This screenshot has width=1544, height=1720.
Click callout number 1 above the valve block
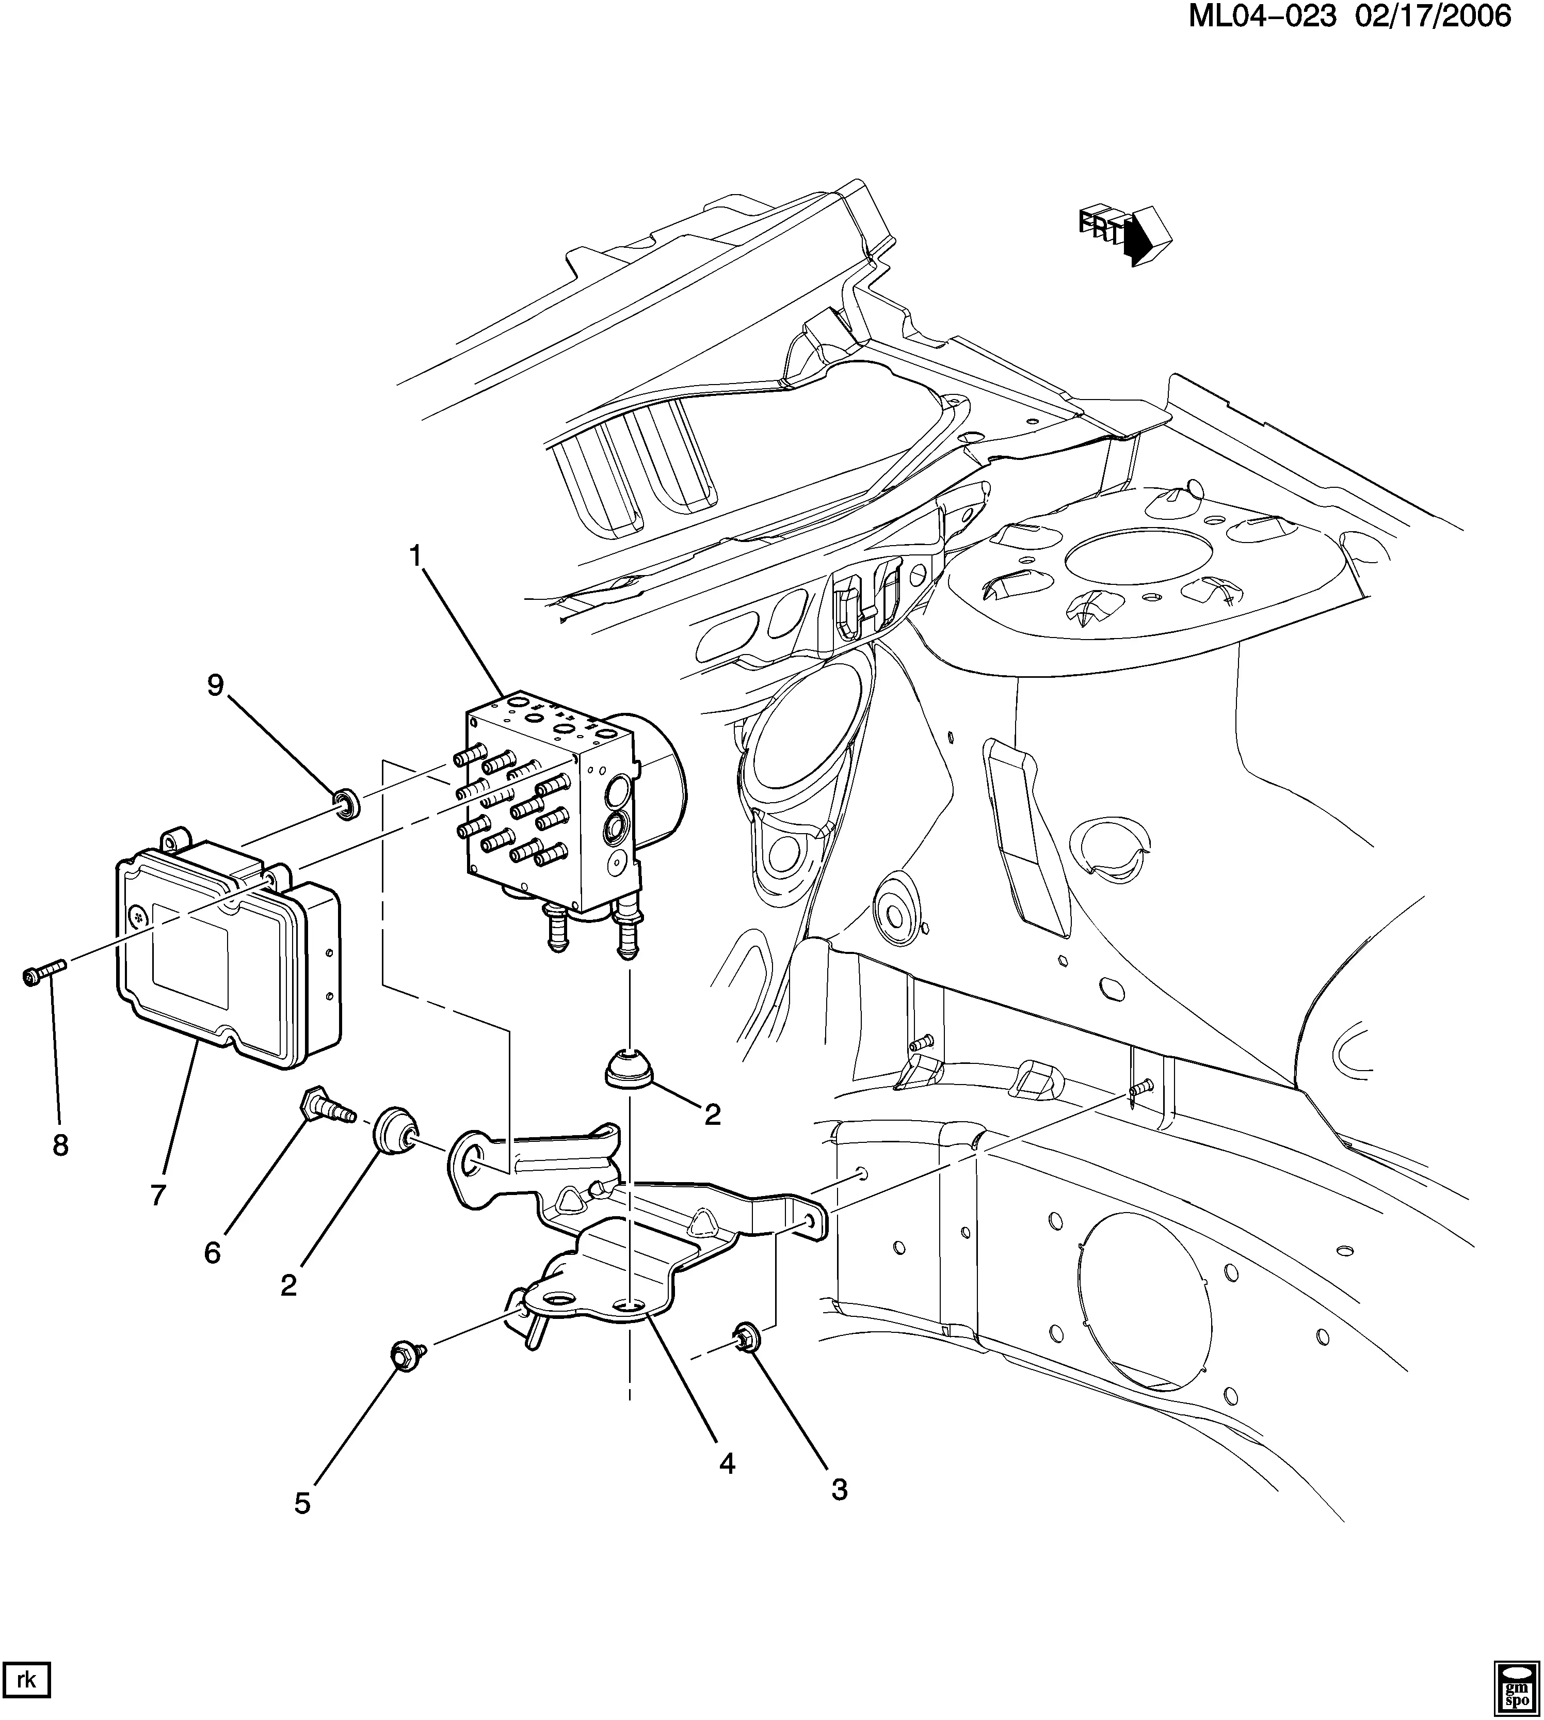click(x=416, y=556)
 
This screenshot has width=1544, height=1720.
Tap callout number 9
click(x=216, y=686)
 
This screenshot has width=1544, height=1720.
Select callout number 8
click(x=60, y=1145)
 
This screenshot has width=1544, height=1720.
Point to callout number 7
click(x=158, y=1195)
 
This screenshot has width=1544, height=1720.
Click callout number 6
click(x=212, y=1252)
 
